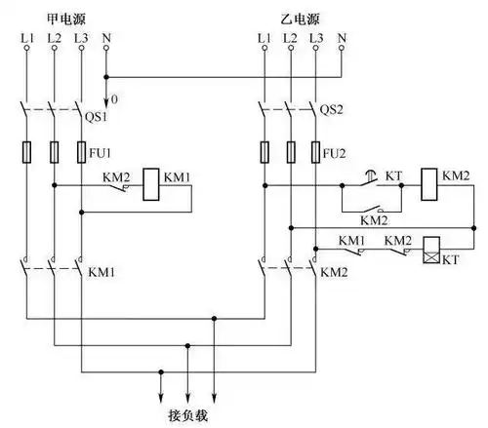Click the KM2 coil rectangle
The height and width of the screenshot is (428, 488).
[x=430, y=182]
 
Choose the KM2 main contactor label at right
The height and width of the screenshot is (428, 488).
[x=335, y=269]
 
